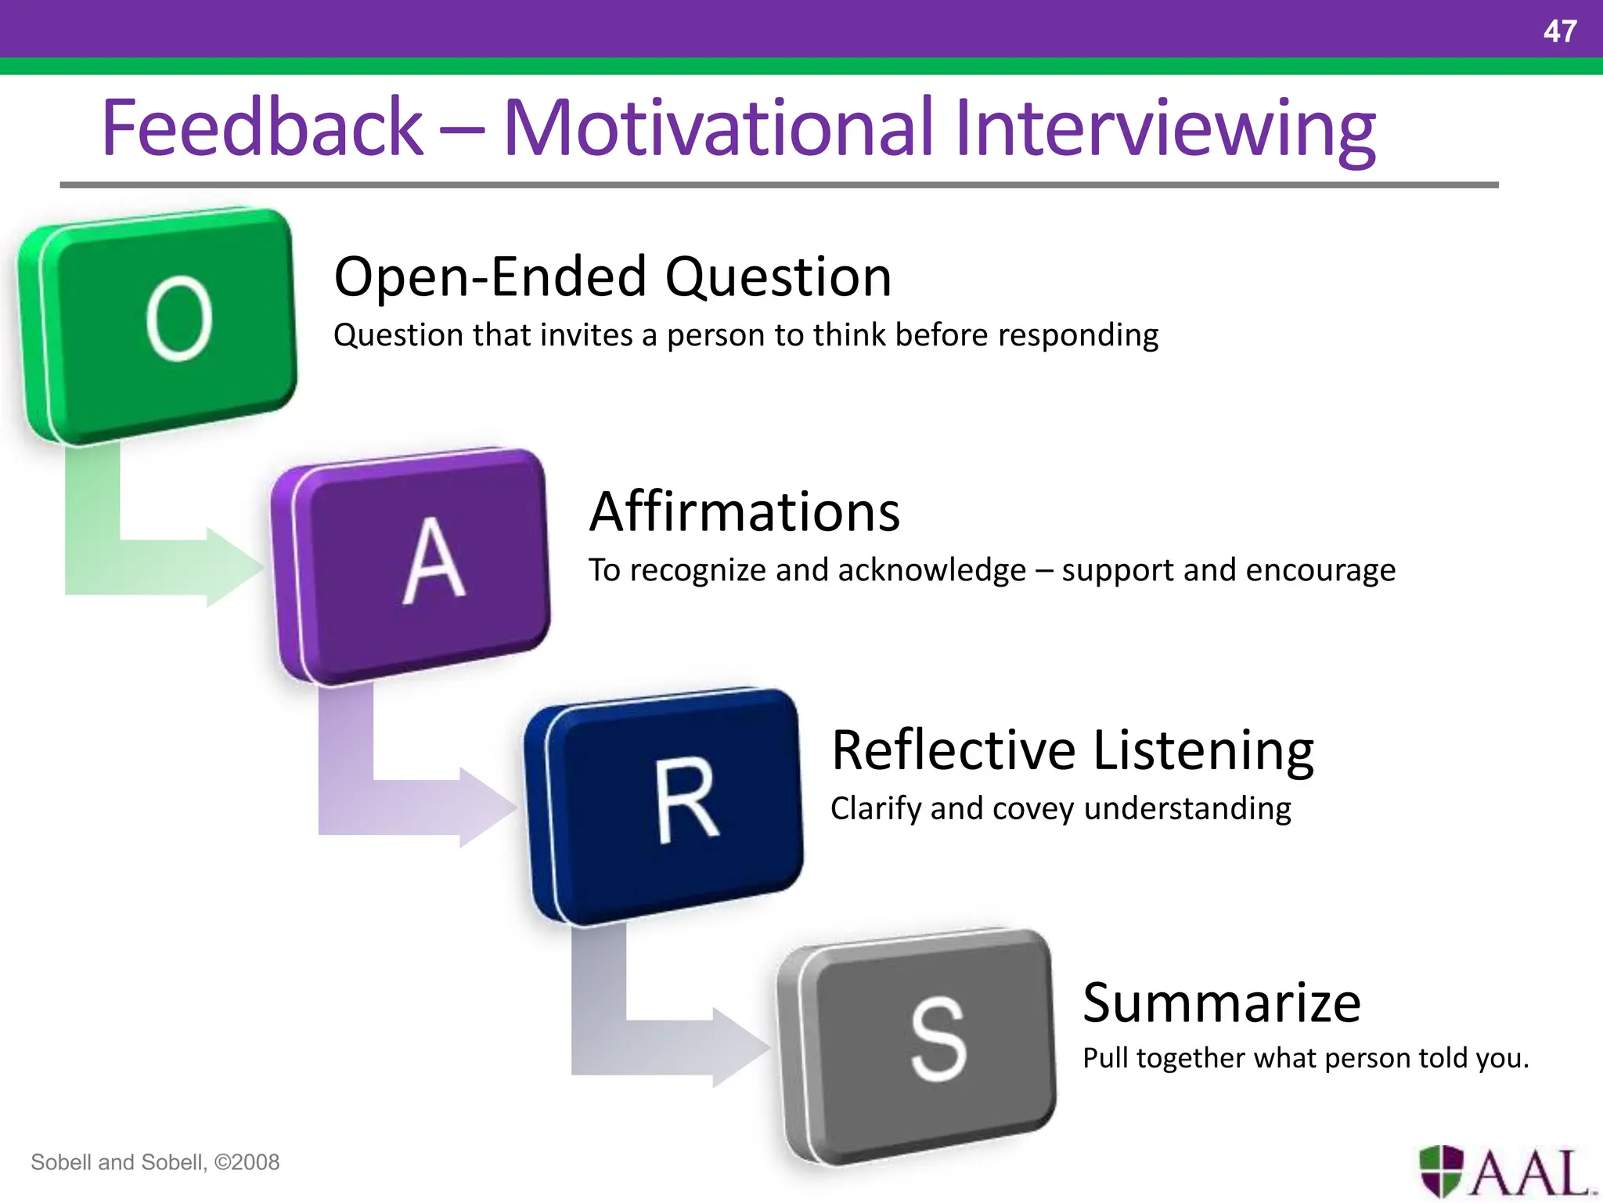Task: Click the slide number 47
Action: pyautogui.click(x=1559, y=31)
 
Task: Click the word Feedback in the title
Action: pyautogui.click(x=261, y=127)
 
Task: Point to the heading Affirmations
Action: pyautogui.click(x=744, y=511)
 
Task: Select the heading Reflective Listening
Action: pyautogui.click(x=1072, y=750)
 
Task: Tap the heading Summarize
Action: pyautogui.click(x=1222, y=1002)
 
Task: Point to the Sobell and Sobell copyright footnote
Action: pyautogui.click(x=155, y=1161)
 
